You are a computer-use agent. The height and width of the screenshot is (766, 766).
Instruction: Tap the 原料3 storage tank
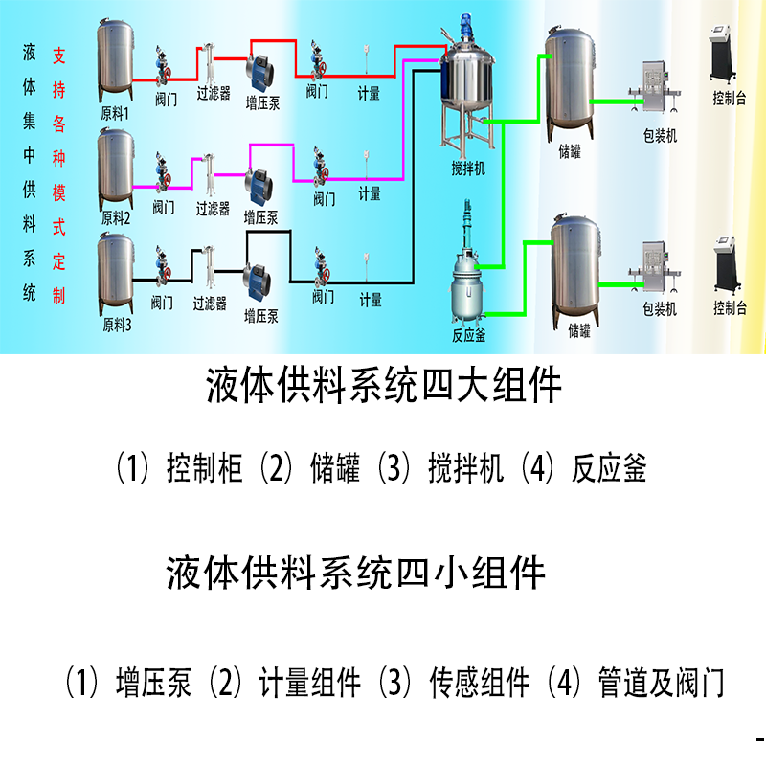pyautogui.click(x=117, y=273)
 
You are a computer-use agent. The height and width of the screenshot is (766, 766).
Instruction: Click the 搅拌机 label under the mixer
pyautogui.click(x=468, y=169)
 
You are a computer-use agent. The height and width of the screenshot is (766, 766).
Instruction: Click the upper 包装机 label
pyautogui.click(x=660, y=137)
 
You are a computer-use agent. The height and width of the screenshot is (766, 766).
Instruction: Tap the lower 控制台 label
pyautogui.click(x=729, y=308)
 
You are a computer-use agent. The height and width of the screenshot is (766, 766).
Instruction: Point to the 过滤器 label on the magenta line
pyautogui.click(x=213, y=208)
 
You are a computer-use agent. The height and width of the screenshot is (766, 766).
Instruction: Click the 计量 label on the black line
pyautogui.click(x=371, y=301)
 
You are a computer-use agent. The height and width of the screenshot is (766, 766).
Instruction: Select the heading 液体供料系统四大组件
pyautogui.click(x=384, y=388)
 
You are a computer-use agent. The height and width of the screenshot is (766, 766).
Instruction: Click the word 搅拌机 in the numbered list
pyautogui.click(x=465, y=469)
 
